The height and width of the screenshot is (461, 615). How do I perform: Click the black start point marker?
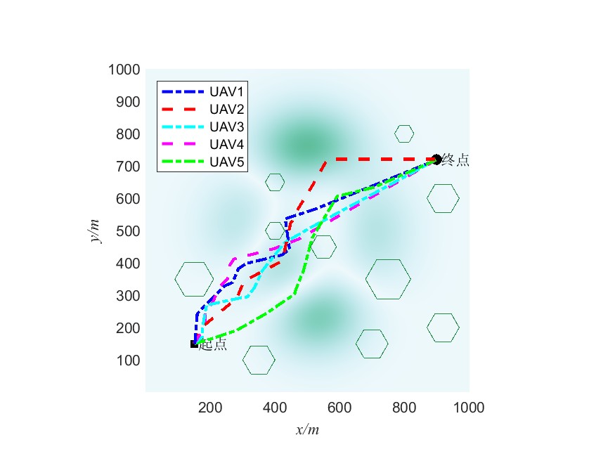(x=195, y=344)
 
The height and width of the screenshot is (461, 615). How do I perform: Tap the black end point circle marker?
(x=436, y=160)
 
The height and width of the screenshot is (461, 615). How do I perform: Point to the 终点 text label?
(x=455, y=160)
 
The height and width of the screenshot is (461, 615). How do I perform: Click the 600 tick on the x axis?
(x=340, y=406)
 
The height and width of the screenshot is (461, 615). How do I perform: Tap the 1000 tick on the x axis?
(x=470, y=406)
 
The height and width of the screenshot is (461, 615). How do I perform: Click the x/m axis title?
(x=307, y=429)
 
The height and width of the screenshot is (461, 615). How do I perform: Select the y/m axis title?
(x=95, y=230)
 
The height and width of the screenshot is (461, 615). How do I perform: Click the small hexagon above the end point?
(x=404, y=134)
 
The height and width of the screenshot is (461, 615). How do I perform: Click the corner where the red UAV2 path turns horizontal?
(x=327, y=160)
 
